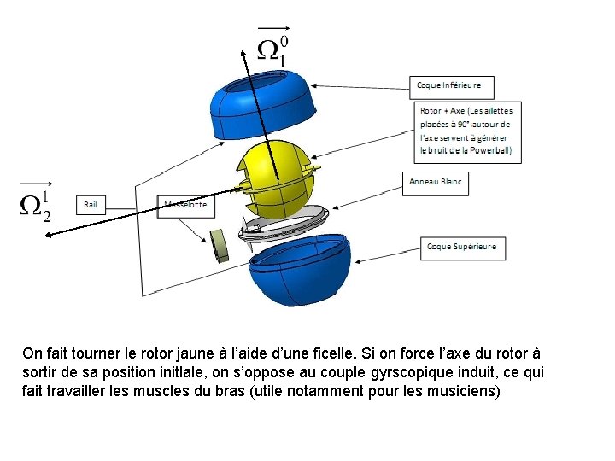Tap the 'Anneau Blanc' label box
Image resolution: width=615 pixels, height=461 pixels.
[x=435, y=182]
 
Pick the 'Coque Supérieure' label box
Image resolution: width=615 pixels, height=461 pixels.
[x=461, y=247]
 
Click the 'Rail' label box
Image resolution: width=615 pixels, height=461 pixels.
[x=91, y=205]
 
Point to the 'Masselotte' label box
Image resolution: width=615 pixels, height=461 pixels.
[x=184, y=206]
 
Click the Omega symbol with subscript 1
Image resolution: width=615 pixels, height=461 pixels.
[x=272, y=50]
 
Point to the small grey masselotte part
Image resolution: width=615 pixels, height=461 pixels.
[x=220, y=245]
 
